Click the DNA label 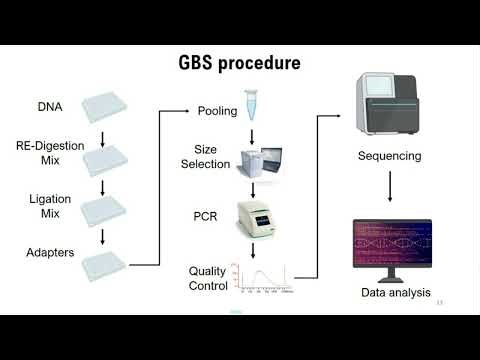pos(51,105)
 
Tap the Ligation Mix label pos(49,206)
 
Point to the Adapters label pos(49,252)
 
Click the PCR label pos(205,216)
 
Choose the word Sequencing pos(388,157)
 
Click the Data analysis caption pos(395,293)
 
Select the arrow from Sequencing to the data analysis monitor pos(390,192)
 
